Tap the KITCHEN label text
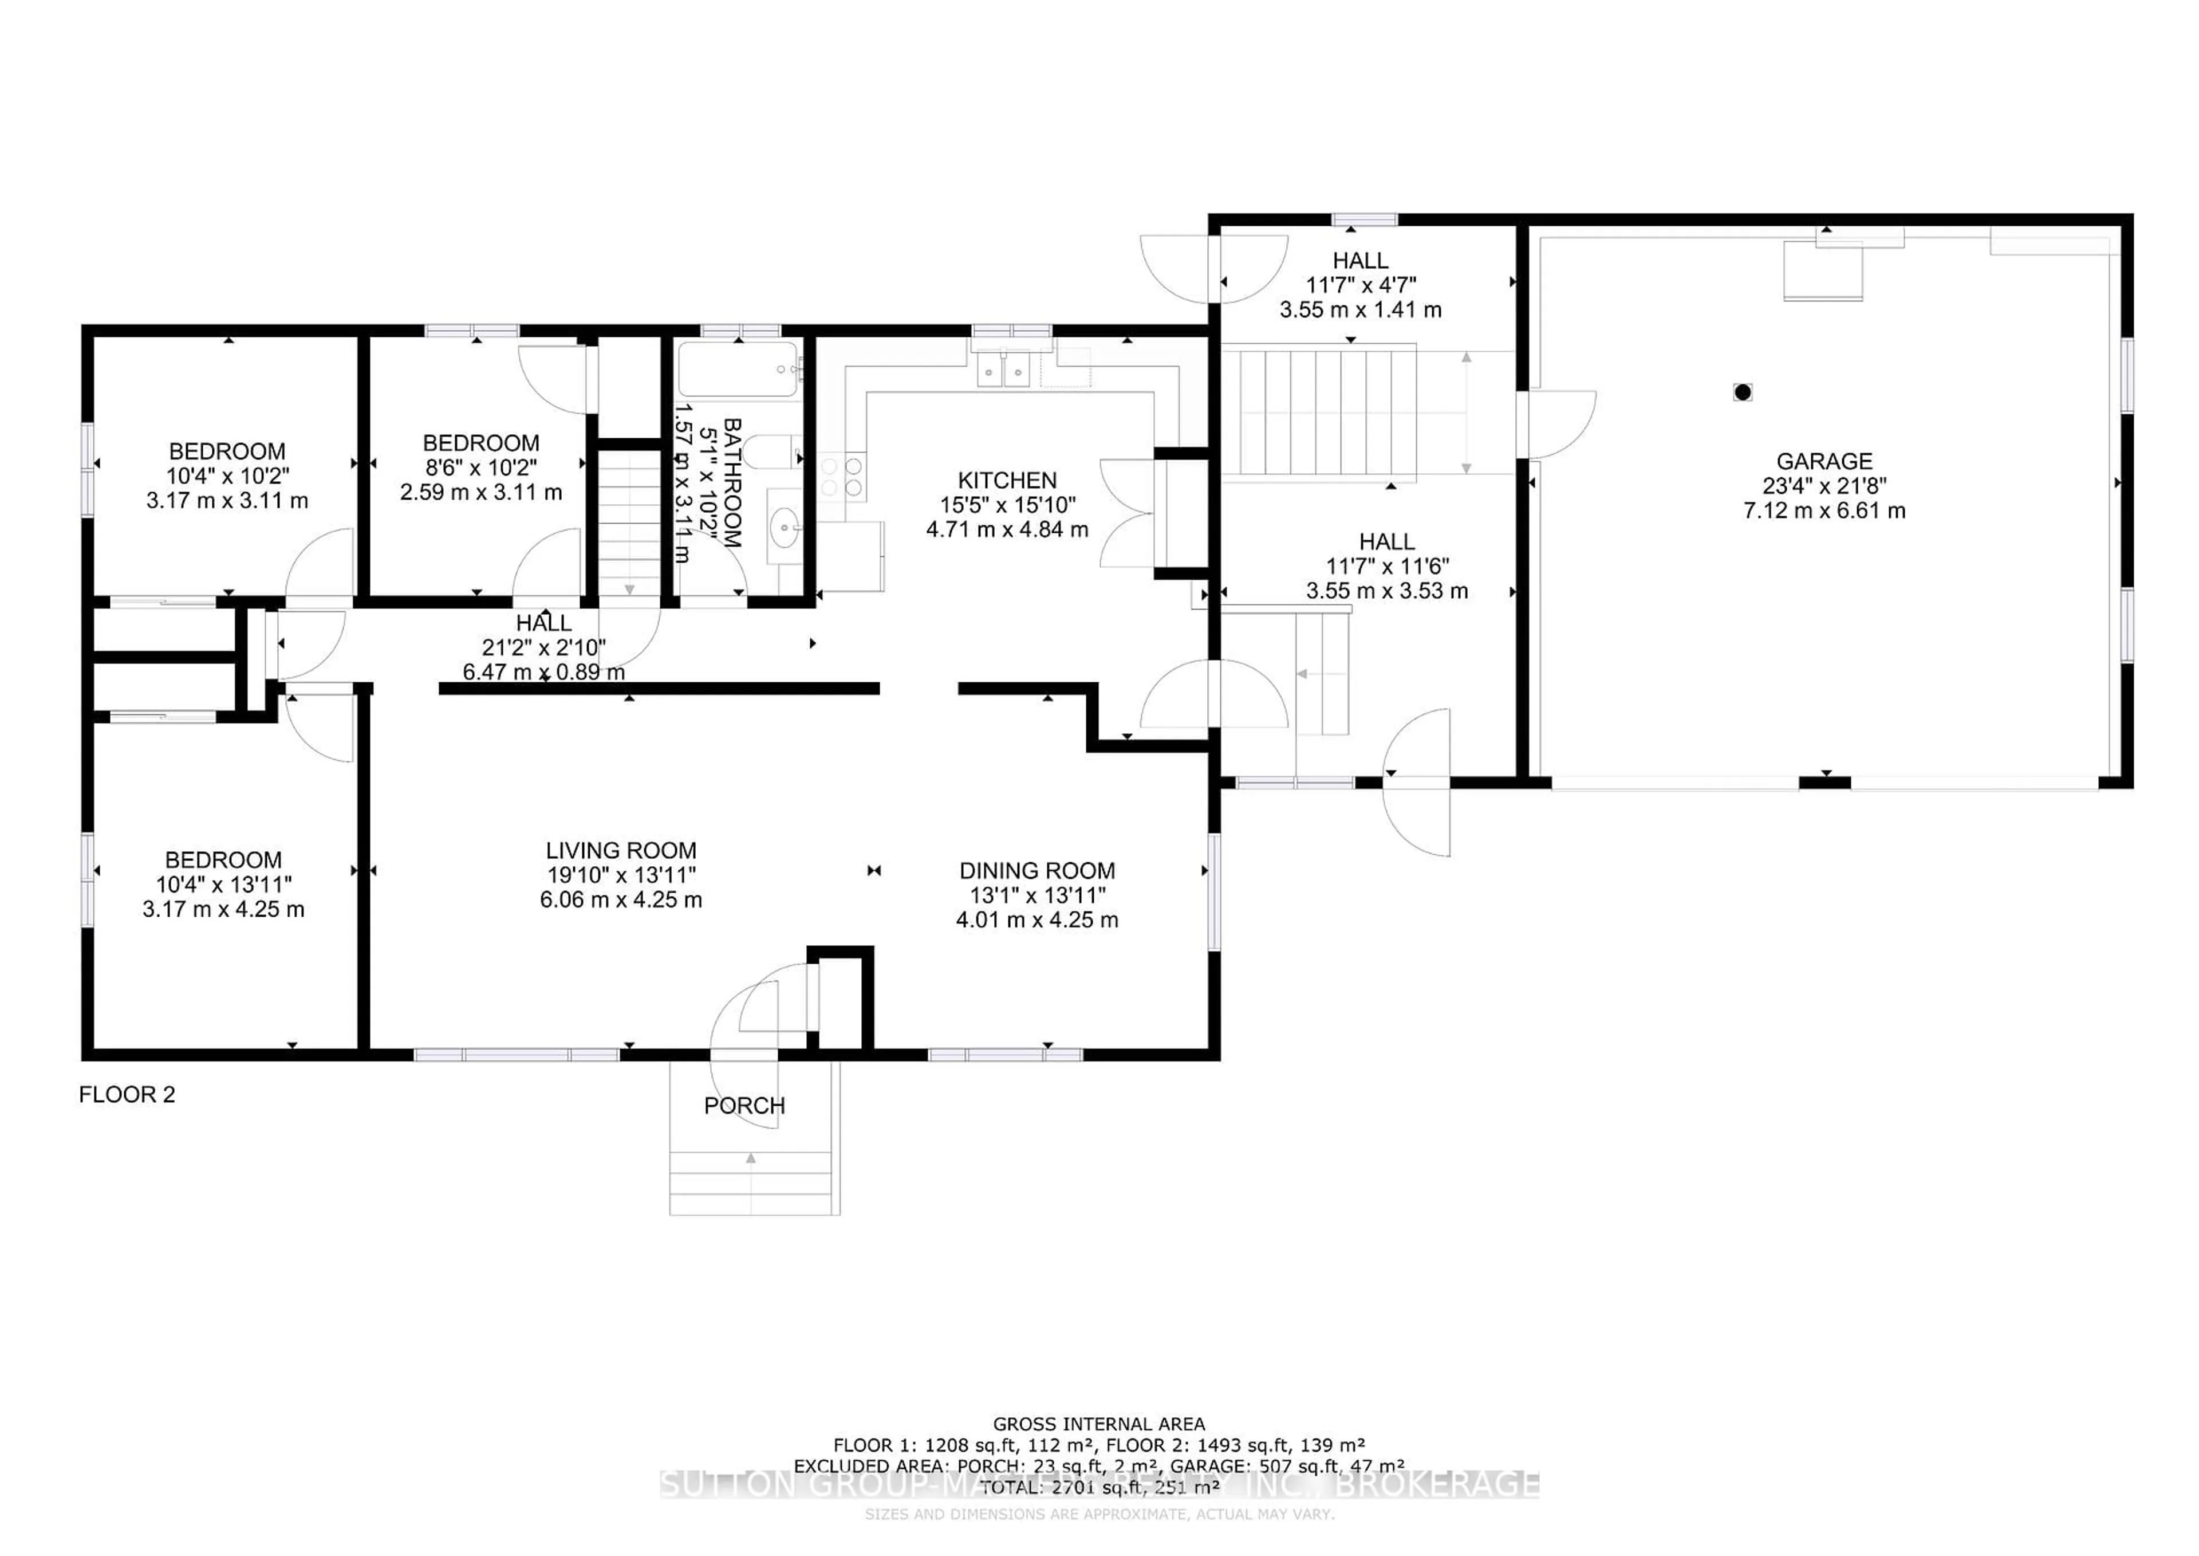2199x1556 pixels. click(1007, 480)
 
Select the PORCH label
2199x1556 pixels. click(744, 1106)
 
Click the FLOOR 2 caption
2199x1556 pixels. click(127, 1094)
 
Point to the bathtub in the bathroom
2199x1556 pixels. click(738, 370)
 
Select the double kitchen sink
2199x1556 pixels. click(1003, 369)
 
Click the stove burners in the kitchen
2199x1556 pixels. click(842, 477)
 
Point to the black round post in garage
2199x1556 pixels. click(1742, 392)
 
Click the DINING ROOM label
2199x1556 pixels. click(1037, 871)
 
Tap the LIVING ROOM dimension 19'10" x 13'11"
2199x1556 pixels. click(621, 875)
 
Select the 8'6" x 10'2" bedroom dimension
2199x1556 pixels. click(481, 467)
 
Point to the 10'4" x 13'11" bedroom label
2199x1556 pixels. click(223, 885)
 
